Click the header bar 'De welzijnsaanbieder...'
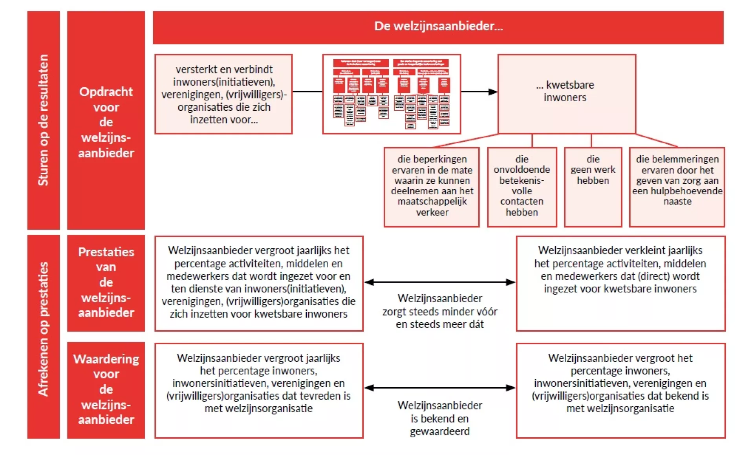point(438,27)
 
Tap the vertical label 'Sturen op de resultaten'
point(43,120)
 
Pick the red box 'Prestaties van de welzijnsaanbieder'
point(106,283)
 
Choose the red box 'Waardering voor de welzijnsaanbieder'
point(106,389)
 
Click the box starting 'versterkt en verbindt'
point(223,94)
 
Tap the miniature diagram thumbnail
point(392,94)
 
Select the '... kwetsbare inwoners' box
point(566,93)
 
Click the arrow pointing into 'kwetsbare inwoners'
point(479,92)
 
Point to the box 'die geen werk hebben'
point(593,187)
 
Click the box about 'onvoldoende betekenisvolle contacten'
point(522,187)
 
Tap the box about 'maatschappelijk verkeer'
point(432,187)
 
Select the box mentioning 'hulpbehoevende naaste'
point(677,187)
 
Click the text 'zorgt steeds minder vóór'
point(440,311)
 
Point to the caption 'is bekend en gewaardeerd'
point(440,418)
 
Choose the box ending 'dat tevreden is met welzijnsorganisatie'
point(259,390)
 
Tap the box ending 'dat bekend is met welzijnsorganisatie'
point(620,390)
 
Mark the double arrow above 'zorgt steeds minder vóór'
point(440,282)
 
